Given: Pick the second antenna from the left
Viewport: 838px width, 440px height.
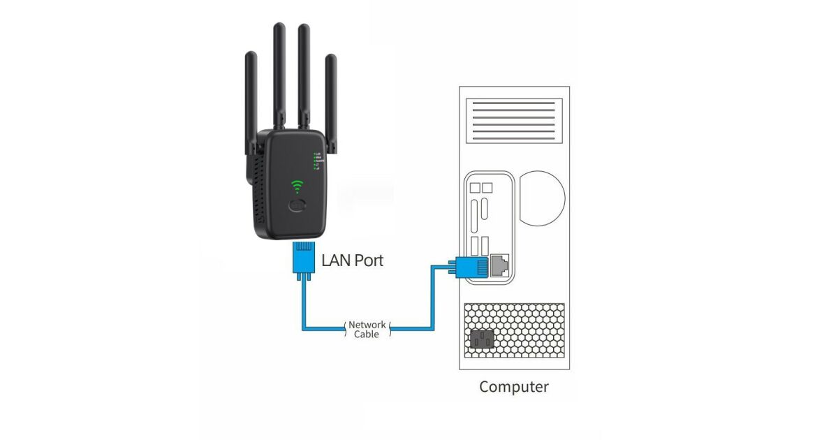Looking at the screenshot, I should point(279,77).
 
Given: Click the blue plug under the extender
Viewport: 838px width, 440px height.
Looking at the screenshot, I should point(303,257).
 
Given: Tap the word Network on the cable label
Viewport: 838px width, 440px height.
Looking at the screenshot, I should point(367,325).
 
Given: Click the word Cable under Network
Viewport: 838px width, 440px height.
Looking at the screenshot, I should point(367,335).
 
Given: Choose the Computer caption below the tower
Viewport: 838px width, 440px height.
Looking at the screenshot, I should point(514,387).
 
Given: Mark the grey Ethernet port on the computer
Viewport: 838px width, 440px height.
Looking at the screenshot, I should point(499,265).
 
